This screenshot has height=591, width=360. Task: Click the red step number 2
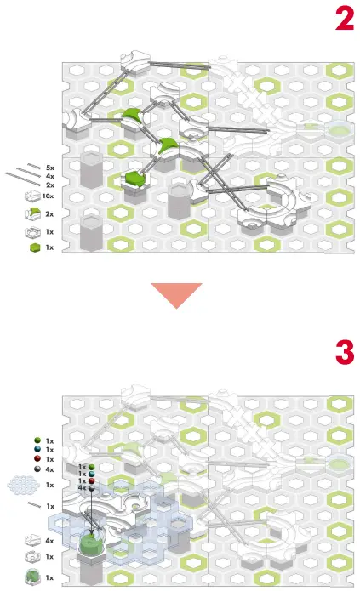tap(344, 19)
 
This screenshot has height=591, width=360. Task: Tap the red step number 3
tap(344, 351)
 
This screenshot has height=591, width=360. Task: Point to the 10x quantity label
tap(49, 196)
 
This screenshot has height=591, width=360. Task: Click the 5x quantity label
tap(50, 168)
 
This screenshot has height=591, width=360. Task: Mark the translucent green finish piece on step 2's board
tap(338, 130)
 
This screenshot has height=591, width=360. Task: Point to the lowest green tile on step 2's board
tap(134, 178)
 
